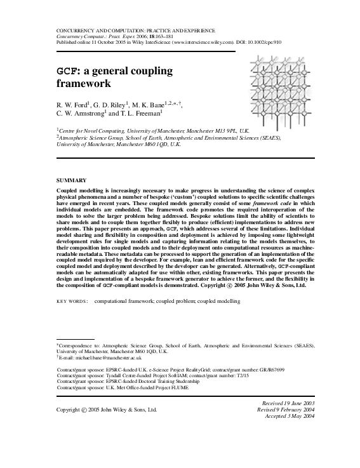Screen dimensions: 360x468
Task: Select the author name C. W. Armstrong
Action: (x=79, y=114)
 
